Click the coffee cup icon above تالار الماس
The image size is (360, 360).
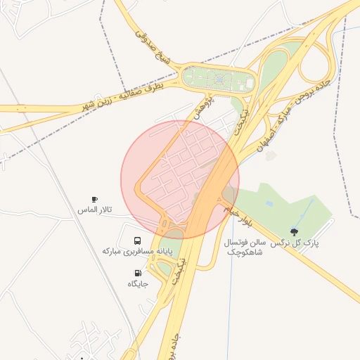[95, 200]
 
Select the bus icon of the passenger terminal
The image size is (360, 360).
[136, 240]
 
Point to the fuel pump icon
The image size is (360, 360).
[137, 273]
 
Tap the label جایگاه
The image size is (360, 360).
[138, 283]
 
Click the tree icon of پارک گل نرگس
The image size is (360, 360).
[294, 232]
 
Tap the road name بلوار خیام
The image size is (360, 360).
[237, 214]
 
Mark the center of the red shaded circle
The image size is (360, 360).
[180, 179]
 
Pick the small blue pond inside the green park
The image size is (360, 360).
[269, 204]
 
